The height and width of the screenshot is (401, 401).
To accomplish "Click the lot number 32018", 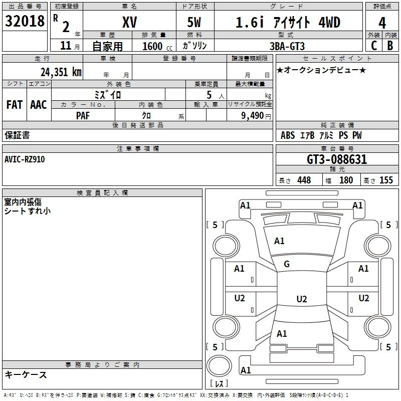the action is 25,21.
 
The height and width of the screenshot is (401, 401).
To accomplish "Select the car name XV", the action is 130,22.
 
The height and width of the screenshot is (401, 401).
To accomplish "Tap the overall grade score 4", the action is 382,23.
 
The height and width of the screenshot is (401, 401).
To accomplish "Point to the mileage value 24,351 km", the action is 61,72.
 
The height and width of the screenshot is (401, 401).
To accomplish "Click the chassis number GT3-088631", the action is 337,159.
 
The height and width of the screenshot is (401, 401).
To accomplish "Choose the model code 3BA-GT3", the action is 287,46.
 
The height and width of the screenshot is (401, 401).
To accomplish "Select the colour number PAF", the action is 83,116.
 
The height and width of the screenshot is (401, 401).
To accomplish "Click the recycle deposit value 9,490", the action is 253,116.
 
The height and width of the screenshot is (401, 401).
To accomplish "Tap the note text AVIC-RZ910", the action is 25,159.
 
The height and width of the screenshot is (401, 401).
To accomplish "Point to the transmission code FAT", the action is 15,105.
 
